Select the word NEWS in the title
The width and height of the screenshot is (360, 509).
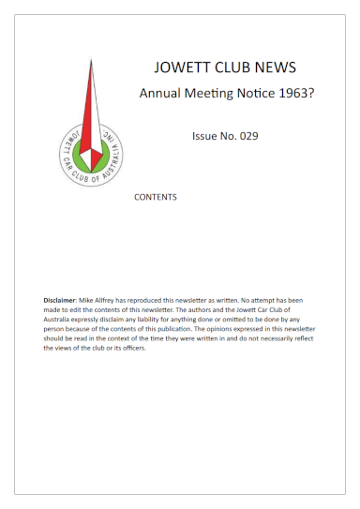click(276, 67)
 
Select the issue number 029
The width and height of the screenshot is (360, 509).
click(246, 136)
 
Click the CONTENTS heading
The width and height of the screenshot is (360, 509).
click(156, 198)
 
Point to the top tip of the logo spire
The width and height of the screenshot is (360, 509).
click(92, 60)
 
